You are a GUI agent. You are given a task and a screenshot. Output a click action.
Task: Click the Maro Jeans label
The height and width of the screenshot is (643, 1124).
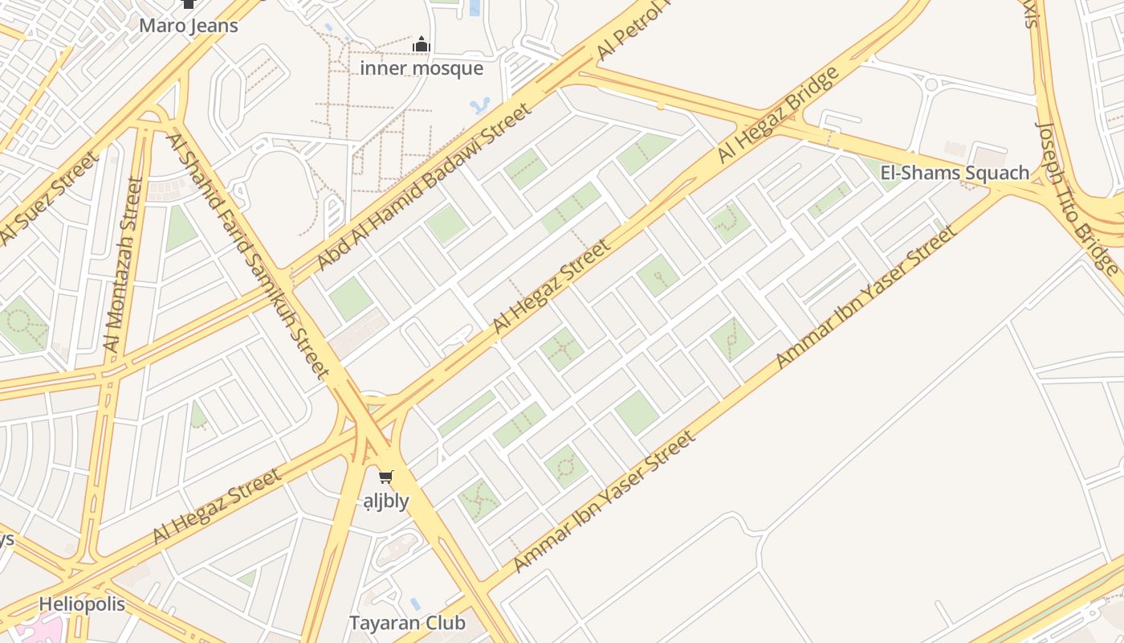click(189, 26)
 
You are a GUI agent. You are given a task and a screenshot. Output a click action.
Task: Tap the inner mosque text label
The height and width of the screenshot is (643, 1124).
click(421, 68)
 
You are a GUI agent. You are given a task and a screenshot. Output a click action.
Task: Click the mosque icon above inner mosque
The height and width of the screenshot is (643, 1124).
click(421, 44)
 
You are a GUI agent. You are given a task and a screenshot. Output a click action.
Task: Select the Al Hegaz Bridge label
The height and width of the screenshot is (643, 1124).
click(778, 115)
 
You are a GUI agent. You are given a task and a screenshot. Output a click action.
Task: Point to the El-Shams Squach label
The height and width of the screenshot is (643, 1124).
click(955, 173)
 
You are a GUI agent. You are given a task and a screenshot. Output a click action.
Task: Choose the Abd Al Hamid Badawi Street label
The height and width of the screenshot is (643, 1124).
click(423, 186)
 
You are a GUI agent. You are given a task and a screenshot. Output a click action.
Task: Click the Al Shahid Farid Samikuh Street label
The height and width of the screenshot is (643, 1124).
click(248, 256)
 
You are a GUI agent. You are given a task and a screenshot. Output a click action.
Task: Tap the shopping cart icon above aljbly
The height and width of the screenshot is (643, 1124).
click(386, 477)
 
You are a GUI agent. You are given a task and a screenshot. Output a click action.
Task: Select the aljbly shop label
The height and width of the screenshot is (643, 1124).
click(386, 501)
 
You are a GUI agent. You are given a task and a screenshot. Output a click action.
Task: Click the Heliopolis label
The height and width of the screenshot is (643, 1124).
click(82, 604)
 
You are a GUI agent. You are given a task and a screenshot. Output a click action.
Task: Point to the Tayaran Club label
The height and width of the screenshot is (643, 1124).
click(407, 623)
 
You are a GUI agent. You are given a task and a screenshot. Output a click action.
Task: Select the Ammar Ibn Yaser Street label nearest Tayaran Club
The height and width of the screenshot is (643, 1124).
click(603, 502)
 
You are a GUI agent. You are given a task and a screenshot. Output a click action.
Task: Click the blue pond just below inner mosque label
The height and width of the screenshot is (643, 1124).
click(479, 105)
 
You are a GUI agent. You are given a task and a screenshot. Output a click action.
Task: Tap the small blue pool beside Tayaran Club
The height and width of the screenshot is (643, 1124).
click(414, 603)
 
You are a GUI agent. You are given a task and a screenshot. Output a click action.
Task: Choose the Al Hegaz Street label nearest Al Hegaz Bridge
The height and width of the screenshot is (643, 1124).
click(552, 285)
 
